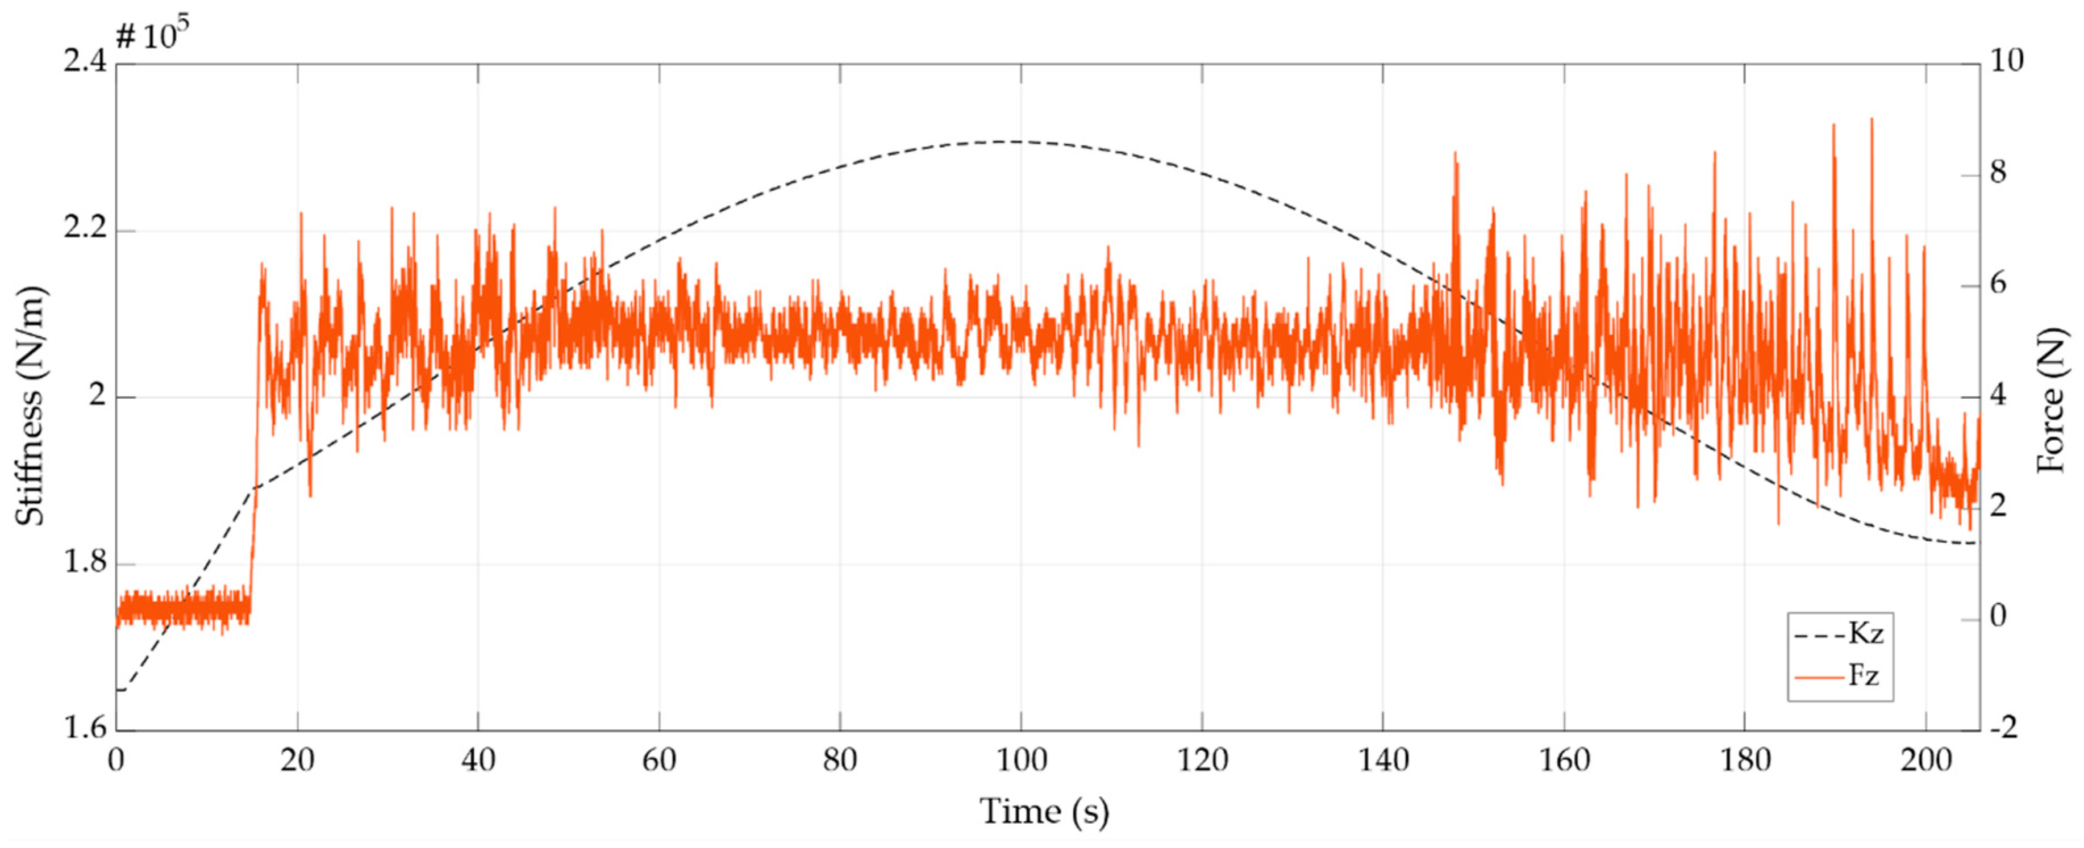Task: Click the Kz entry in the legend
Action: pyautogui.click(x=1865, y=634)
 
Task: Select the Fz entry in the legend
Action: pyautogui.click(x=1863, y=674)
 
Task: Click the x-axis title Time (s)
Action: pyautogui.click(x=1044, y=812)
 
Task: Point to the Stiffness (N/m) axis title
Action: pyautogui.click(x=31, y=404)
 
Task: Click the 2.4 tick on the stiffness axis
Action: pyautogui.click(x=85, y=61)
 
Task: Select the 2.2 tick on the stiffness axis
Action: pyautogui.click(x=85, y=229)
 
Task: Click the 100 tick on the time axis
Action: pyautogui.click(x=1020, y=761)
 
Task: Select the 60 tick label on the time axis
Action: pyautogui.click(x=658, y=761)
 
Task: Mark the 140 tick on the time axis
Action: pyautogui.click(x=1382, y=761)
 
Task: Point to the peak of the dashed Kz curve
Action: pyautogui.click(x=999, y=141)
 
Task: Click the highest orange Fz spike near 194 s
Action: pyautogui.click(x=1872, y=120)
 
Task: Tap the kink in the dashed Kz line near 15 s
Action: pyautogui.click(x=254, y=488)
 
